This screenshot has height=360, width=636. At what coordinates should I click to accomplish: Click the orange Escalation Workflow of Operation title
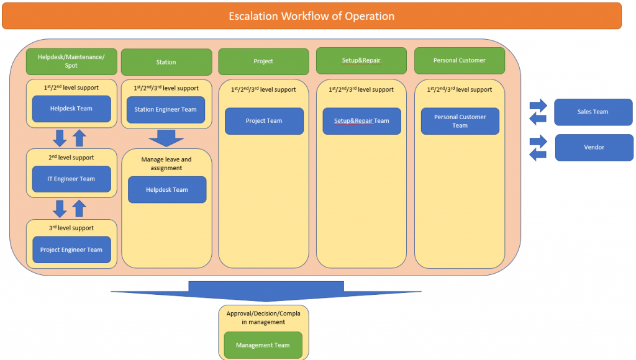point(312,16)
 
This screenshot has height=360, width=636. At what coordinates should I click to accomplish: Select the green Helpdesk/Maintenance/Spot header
point(71,61)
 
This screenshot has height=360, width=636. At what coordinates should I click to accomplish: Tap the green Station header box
point(166,62)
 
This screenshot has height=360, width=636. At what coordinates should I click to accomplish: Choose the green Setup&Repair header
point(361,60)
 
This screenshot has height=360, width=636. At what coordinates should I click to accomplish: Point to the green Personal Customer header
point(460,60)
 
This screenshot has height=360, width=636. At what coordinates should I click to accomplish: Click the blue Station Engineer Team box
point(165,109)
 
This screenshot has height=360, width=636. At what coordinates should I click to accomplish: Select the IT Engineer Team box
point(71,179)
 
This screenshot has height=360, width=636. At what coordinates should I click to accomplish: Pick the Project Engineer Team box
point(71,250)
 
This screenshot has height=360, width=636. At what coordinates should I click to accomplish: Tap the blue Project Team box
point(264,121)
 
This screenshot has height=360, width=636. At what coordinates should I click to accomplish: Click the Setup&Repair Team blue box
point(362,121)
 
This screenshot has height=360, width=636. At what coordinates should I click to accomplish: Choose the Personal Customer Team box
point(460,121)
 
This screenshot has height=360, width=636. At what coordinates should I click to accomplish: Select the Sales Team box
point(593,112)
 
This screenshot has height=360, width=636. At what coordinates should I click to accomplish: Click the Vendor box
point(594,148)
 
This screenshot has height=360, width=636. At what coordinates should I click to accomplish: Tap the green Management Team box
point(263,345)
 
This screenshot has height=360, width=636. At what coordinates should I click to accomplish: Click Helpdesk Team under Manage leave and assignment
point(167,190)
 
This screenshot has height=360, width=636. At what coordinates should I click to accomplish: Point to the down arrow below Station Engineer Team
point(166,138)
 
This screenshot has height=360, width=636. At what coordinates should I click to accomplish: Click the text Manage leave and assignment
point(166,164)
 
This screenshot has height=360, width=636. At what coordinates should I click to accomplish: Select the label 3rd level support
point(71,228)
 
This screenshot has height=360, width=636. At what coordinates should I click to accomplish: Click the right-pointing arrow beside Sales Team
point(538,106)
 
